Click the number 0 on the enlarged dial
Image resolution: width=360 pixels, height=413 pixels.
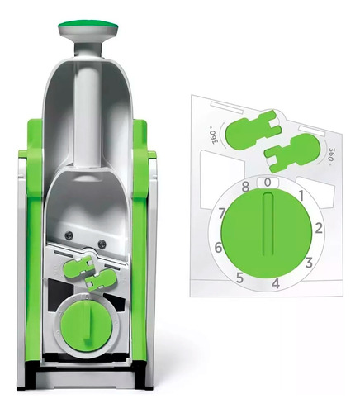click(268, 183)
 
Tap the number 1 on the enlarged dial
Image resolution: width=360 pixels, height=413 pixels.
click(301, 196)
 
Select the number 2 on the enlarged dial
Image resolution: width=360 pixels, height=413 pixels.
click(319, 229)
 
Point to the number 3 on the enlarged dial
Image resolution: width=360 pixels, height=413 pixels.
click(309, 263)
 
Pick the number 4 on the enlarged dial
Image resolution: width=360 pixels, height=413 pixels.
click(276, 283)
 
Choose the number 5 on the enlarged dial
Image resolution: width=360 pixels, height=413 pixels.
click(239, 278)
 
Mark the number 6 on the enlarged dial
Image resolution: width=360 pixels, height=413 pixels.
click(218, 248)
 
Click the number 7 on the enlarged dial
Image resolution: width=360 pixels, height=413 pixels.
click(222, 213)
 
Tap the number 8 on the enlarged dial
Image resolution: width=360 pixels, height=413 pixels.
click(245, 187)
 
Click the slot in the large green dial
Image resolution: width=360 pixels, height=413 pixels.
click(268, 225)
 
